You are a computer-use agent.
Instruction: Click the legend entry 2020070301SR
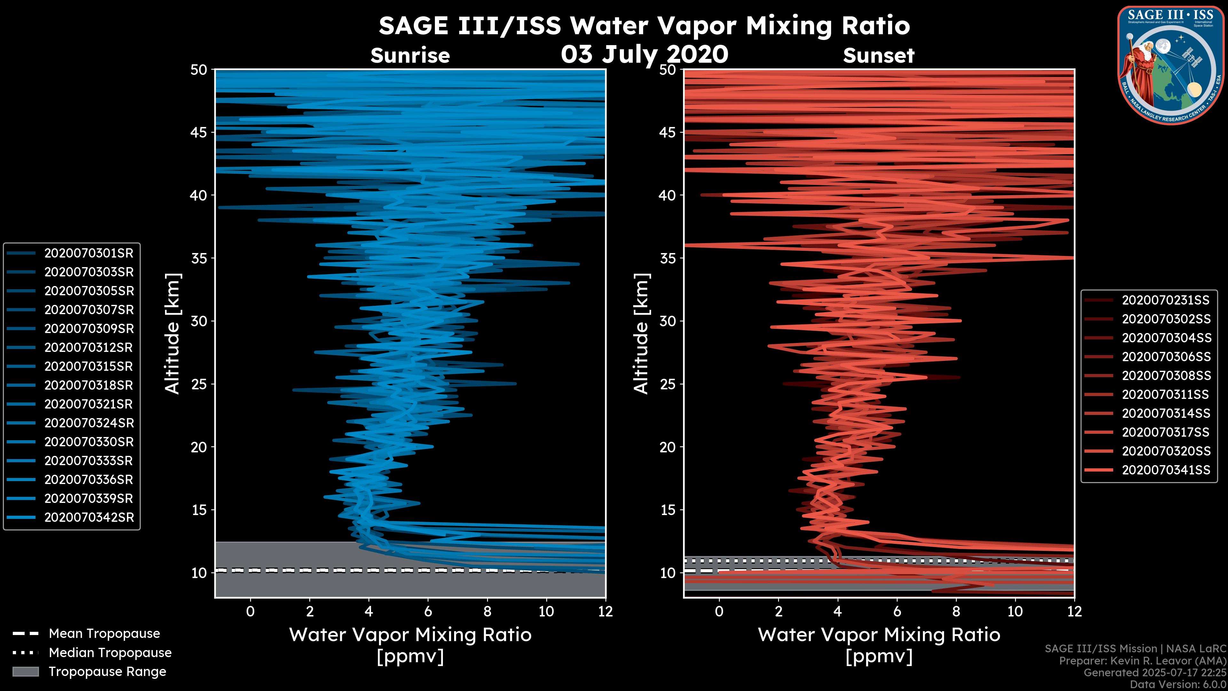tap(89, 253)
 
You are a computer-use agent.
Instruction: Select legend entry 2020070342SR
tap(89, 517)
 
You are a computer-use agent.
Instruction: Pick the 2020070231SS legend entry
tap(1166, 300)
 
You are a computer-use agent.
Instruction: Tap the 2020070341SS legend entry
tap(1166, 470)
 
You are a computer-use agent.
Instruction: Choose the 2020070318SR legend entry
tap(89, 385)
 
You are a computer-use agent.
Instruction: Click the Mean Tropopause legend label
tap(104, 633)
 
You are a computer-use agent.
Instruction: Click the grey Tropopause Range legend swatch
tap(25, 671)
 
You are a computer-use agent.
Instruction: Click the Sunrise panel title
tap(410, 56)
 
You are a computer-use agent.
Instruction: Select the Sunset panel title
tap(878, 56)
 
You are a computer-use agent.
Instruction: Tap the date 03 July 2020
tap(644, 54)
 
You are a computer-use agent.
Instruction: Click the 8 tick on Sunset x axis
tap(956, 611)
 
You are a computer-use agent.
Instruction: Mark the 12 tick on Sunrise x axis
tap(605, 611)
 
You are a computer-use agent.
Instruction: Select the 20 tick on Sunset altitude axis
tap(667, 447)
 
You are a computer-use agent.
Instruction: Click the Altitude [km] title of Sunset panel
tap(641, 334)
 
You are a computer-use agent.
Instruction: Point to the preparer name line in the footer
tap(1142, 661)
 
